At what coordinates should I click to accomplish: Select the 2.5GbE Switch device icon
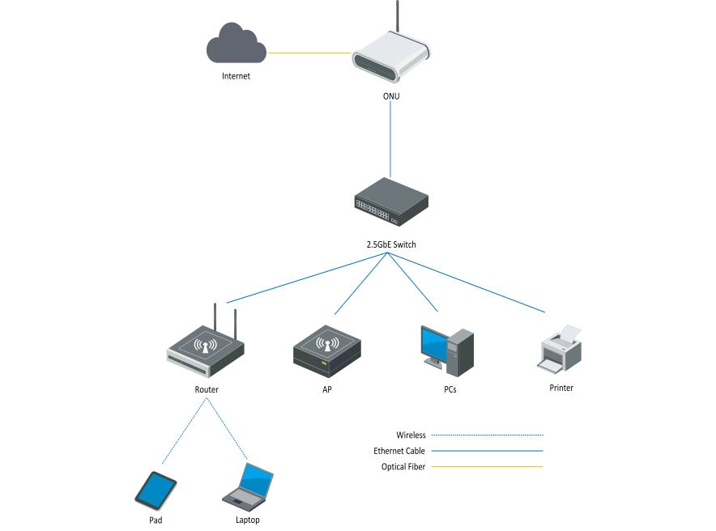coord(390,206)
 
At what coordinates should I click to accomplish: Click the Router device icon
coord(206,350)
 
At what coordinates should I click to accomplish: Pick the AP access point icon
coord(326,351)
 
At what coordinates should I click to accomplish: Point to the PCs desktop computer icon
coord(446,350)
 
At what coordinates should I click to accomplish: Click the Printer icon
coord(560,349)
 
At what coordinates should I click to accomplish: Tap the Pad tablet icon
coord(156,490)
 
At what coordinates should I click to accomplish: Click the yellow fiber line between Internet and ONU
coord(309,53)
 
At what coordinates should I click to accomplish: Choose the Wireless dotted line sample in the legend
coord(486,435)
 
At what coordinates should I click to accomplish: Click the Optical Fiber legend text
coord(403,467)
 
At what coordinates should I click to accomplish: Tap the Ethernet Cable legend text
coord(399,451)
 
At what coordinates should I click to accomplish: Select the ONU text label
coord(390,96)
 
